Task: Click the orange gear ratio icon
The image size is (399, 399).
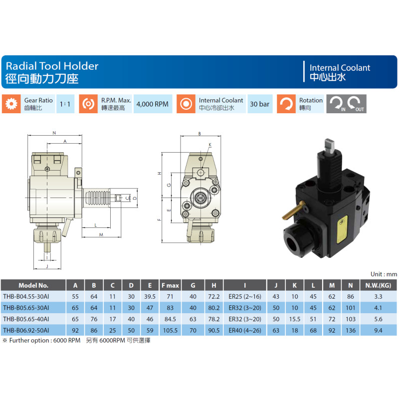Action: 11,104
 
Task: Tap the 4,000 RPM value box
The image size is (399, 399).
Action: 153,104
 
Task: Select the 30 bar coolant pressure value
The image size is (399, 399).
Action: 259,104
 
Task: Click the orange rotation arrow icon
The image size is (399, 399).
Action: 286,104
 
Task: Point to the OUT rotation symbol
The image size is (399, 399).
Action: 356,104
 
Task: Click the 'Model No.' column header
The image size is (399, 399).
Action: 33,285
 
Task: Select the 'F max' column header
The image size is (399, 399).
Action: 170,285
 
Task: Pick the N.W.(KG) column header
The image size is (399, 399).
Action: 378,285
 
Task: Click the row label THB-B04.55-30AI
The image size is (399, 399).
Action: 26,296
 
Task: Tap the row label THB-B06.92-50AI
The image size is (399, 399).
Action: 26,330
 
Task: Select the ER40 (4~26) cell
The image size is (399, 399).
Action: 245,330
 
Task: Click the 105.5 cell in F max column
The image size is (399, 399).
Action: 170,330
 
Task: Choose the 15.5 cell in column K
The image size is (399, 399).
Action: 295,319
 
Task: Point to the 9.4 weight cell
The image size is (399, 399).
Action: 378,330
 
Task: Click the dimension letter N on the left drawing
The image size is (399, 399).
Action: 54,133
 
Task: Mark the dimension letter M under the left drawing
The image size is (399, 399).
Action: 101,234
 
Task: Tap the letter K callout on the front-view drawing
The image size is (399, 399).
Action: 210,145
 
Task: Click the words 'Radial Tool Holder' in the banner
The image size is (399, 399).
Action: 52,66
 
